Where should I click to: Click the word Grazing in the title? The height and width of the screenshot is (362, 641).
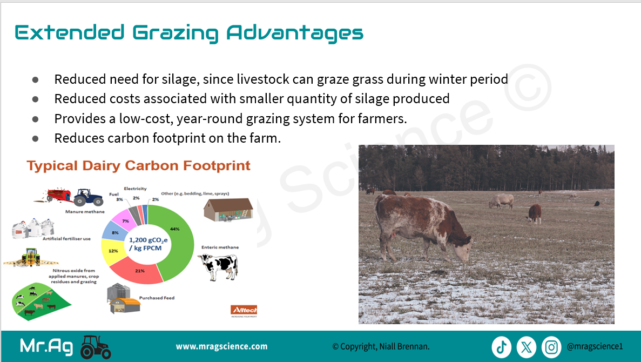click(x=176, y=33)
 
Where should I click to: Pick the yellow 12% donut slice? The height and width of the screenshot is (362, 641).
click(x=111, y=250)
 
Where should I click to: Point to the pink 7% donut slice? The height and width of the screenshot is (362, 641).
click(x=124, y=218)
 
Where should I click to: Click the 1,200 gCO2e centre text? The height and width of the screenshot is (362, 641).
click(x=148, y=244)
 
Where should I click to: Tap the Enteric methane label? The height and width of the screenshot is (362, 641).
click(x=220, y=247)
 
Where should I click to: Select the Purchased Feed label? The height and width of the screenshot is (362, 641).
click(x=157, y=298)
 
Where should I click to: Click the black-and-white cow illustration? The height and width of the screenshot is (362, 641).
click(x=218, y=266)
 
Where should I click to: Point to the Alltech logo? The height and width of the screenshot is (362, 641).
click(x=244, y=311)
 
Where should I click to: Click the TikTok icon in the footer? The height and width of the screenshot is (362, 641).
click(x=502, y=347)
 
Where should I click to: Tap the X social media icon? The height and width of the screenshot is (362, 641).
click(x=527, y=347)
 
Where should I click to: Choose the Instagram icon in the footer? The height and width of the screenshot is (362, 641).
click(x=551, y=347)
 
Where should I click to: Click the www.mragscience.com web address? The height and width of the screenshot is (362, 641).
click(x=221, y=346)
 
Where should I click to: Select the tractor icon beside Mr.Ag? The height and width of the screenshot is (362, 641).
click(x=96, y=347)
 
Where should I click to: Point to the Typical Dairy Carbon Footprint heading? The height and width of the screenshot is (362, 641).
click(x=139, y=166)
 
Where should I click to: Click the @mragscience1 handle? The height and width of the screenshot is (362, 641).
click(x=595, y=346)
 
